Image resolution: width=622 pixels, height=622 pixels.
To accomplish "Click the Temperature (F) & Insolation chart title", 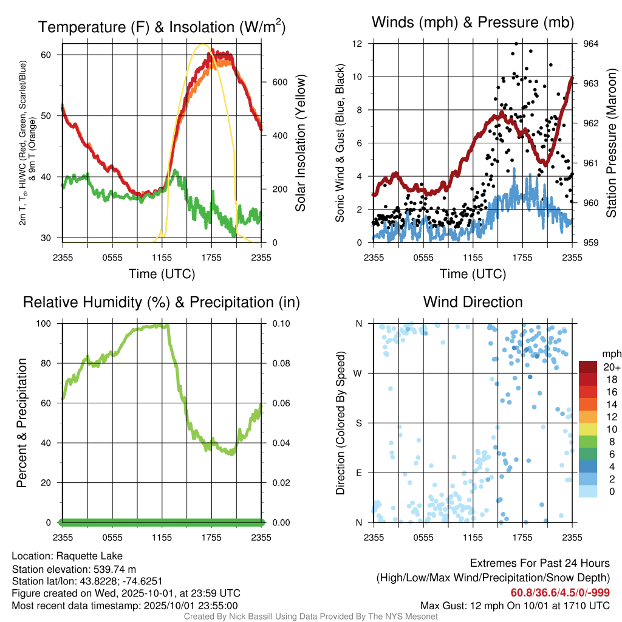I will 162,27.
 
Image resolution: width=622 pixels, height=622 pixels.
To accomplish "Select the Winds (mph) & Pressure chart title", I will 473,23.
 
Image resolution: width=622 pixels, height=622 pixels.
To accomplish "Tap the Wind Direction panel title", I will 473,302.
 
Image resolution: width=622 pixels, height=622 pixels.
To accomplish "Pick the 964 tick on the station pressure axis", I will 592,44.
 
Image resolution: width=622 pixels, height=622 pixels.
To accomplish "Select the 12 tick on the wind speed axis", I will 358,44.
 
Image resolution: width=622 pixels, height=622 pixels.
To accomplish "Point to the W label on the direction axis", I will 358,373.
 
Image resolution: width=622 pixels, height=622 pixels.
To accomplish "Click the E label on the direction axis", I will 358,473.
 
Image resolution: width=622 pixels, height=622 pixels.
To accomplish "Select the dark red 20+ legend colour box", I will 587,367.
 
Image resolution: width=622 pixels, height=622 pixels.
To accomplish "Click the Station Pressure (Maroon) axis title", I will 611,143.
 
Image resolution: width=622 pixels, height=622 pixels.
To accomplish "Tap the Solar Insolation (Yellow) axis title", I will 300,143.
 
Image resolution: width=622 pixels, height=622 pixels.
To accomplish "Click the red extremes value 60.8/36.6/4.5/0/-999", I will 560,593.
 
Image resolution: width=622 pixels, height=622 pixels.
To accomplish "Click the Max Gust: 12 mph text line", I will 515,606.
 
